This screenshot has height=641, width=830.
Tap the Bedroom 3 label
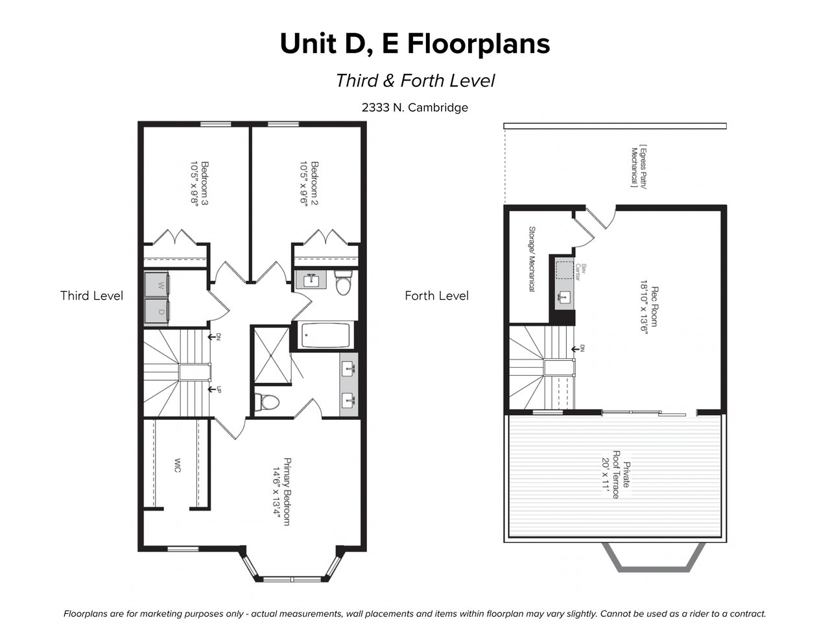pyautogui.click(x=205, y=184)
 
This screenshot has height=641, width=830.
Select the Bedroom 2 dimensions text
pyautogui.click(x=303, y=184)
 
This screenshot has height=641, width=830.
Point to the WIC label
pyautogui.click(x=177, y=465)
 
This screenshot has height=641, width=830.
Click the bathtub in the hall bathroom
pyautogui.click(x=325, y=335)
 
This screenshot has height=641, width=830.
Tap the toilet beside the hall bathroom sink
pyautogui.click(x=343, y=282)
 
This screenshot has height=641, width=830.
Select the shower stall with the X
pyautogui.click(x=272, y=355)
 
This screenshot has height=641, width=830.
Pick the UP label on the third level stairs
pyautogui.click(x=219, y=389)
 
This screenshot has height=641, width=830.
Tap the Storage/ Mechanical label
pyautogui.click(x=532, y=259)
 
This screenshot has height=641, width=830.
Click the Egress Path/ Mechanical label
pyautogui.click(x=639, y=167)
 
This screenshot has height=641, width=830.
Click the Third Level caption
pyautogui.click(x=91, y=296)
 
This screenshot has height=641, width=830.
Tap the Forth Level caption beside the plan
pyautogui.click(x=436, y=296)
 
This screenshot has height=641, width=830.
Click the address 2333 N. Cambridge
pyautogui.click(x=415, y=108)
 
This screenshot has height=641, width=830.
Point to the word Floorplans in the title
pyautogui.click(x=479, y=44)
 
